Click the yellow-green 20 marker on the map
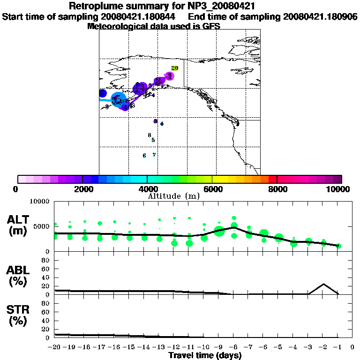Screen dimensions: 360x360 pos(175,68)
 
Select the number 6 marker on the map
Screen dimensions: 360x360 pos(144,156)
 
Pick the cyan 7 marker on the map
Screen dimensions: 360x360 pos(154,155)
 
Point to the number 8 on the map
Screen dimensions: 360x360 pos(149,135)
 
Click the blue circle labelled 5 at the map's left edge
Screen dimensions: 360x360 pos(102,93)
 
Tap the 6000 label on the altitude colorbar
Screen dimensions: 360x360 pos(212,189)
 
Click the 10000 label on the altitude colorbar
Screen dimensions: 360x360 pos(339,189)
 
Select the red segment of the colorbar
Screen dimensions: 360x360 pos(272,179)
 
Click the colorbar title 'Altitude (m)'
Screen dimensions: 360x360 pos(174,195)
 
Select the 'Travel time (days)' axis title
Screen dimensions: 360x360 pos(205,355)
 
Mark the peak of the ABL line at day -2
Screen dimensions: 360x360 pos(323,284)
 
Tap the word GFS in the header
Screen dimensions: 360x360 pos(211,26)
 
